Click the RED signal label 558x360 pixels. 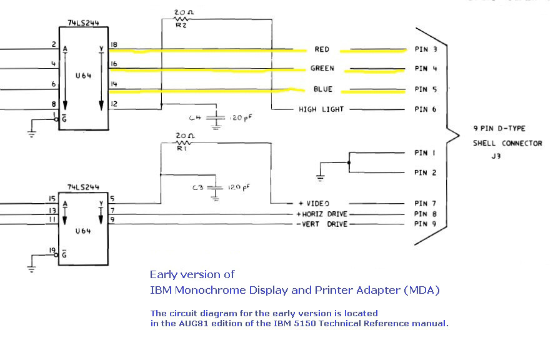tap(322, 49)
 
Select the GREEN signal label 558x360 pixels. tap(322, 69)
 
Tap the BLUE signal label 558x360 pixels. tap(322, 89)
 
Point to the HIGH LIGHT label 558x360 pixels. tap(321, 109)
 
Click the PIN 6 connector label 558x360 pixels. tap(426, 109)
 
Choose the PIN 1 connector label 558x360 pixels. tap(426, 152)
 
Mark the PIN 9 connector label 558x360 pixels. tap(426, 224)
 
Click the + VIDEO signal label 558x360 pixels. tap(314, 204)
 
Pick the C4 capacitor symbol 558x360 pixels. tap(216, 118)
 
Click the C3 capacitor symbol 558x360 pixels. tap(216, 187)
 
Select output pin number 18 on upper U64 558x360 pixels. tap(114, 45)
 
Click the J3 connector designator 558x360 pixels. tap(496, 157)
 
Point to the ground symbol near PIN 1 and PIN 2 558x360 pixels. tap(321, 177)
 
